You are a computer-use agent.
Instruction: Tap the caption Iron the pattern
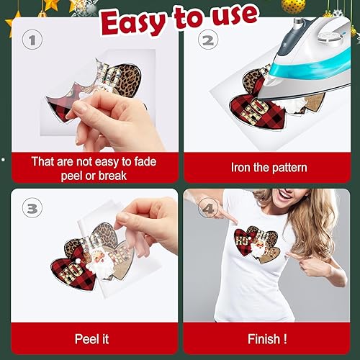tap(269, 167)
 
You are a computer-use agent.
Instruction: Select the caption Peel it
tap(91, 338)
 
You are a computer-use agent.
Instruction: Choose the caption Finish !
tap(269, 338)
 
